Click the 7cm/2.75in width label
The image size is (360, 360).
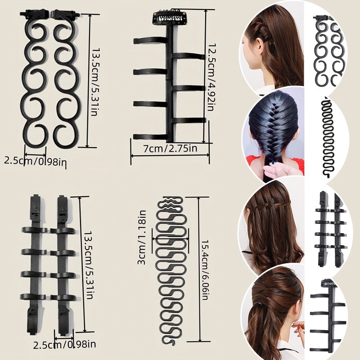click(170, 148)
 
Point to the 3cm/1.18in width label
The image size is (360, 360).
click(142, 237)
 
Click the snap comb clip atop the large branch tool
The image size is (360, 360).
click(169, 17)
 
